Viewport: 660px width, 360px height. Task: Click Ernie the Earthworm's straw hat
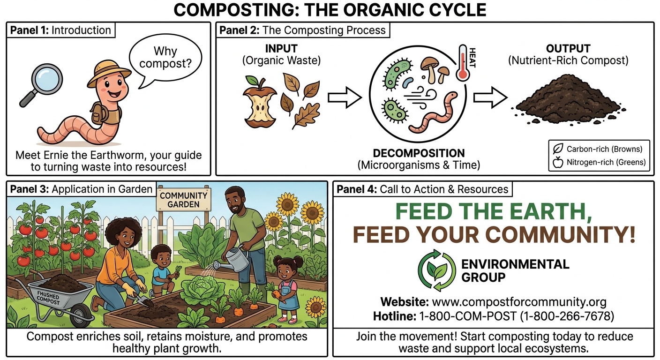pos(109,73)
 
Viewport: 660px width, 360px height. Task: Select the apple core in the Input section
pos(260,102)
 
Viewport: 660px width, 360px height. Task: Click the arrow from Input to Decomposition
pos(345,97)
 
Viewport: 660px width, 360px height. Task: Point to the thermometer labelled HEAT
pos(463,63)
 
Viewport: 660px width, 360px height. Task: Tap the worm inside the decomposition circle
pos(433,112)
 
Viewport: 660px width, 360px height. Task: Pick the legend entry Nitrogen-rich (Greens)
pos(599,162)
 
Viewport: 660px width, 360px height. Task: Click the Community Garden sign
pos(183,199)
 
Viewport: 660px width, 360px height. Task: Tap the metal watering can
pos(233,260)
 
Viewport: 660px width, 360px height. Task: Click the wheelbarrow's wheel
pos(81,315)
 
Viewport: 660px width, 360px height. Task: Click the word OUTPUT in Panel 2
pos(568,49)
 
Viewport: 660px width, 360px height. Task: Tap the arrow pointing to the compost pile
pos(490,97)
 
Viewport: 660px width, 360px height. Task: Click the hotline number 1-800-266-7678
pos(567,316)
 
